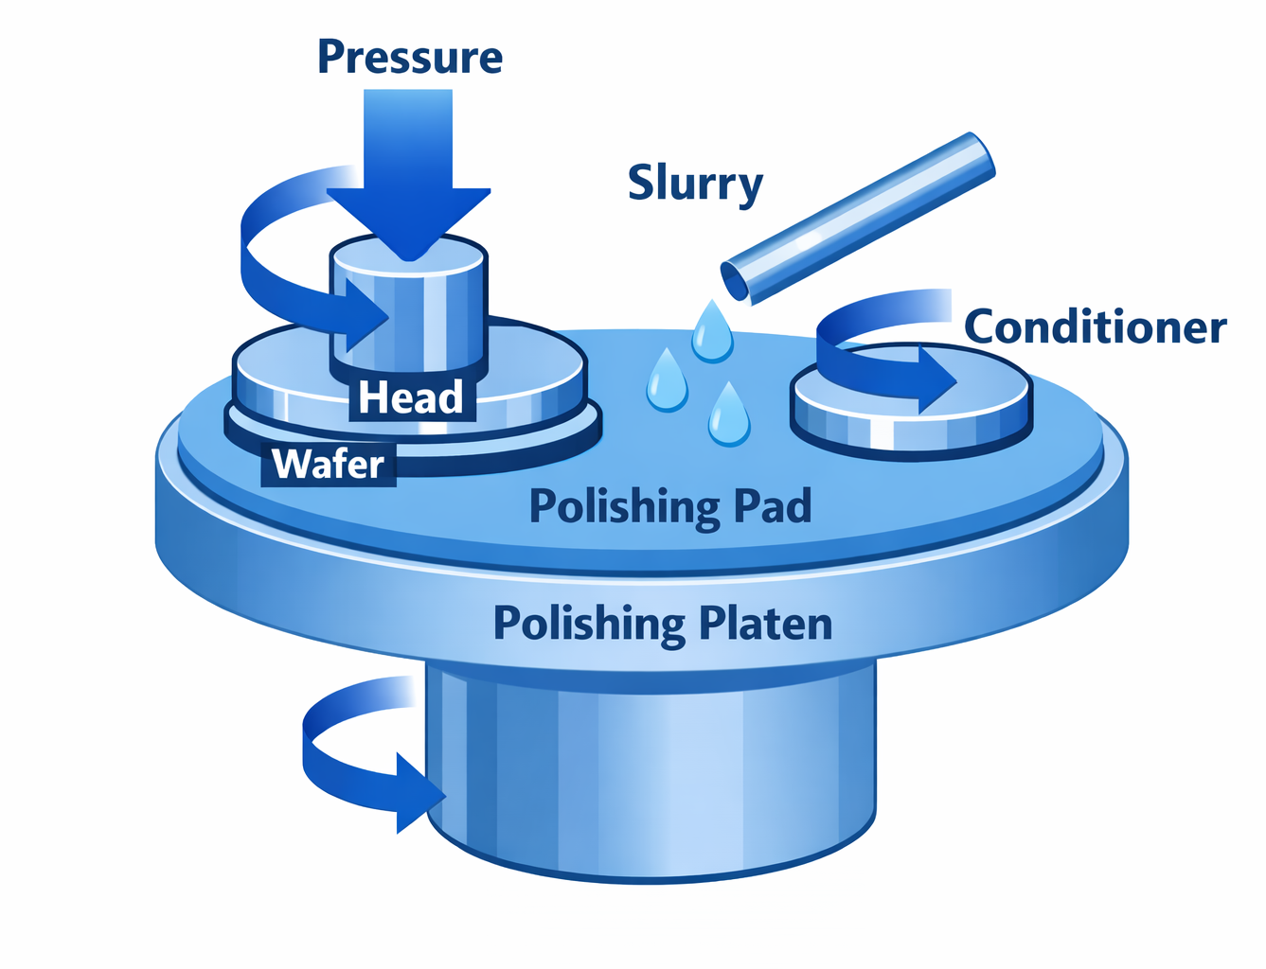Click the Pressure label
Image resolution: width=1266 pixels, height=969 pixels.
(x=409, y=57)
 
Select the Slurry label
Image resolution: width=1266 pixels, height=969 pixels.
(x=695, y=183)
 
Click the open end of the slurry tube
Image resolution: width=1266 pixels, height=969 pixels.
(x=736, y=281)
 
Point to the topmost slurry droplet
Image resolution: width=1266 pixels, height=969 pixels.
(x=712, y=332)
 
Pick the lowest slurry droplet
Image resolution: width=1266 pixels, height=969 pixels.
(x=729, y=416)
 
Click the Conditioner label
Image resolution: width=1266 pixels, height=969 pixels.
(x=1095, y=327)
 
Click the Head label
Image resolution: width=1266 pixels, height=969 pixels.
(x=410, y=397)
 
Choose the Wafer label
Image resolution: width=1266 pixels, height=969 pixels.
(x=328, y=465)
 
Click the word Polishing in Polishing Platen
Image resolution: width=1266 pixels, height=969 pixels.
(x=589, y=624)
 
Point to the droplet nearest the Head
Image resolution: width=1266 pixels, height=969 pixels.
(x=667, y=380)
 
